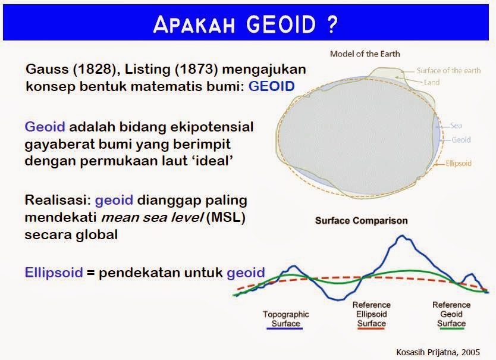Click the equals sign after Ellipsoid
90,273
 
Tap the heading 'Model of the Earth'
365,54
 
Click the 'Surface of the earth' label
448,70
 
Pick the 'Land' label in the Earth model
431,82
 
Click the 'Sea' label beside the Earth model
456,126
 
